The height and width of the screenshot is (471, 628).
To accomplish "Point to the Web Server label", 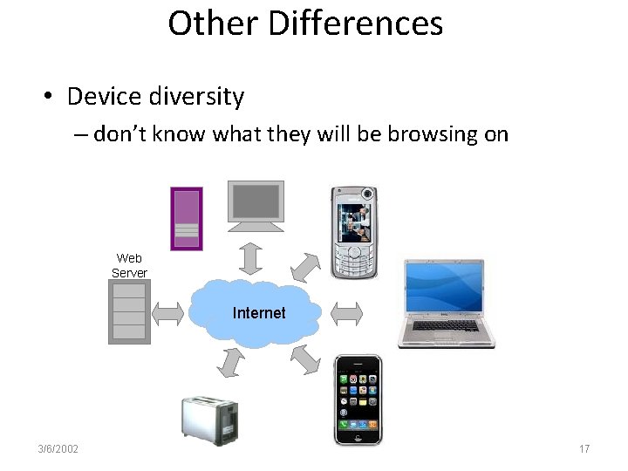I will pyautogui.click(x=129, y=265).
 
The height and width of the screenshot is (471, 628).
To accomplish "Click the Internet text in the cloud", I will pyautogui.click(x=259, y=313).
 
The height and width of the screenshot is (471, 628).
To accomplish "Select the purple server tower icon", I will pyautogui.click(x=187, y=218).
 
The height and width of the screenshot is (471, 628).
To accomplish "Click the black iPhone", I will pyautogui.click(x=358, y=400).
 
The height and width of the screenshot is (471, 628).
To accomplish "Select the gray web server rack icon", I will pyautogui.click(x=128, y=312).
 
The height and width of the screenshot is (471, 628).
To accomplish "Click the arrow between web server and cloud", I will pyautogui.click(x=168, y=312).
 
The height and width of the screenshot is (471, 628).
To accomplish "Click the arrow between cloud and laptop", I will pyautogui.click(x=347, y=312).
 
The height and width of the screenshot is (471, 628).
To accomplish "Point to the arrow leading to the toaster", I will pyautogui.click(x=230, y=362).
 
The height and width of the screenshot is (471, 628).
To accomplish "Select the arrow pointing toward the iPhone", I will pyautogui.click(x=304, y=358).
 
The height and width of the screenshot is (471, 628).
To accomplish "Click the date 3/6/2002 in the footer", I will pyautogui.click(x=58, y=449).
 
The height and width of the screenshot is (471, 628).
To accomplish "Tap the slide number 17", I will pyautogui.click(x=584, y=449).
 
